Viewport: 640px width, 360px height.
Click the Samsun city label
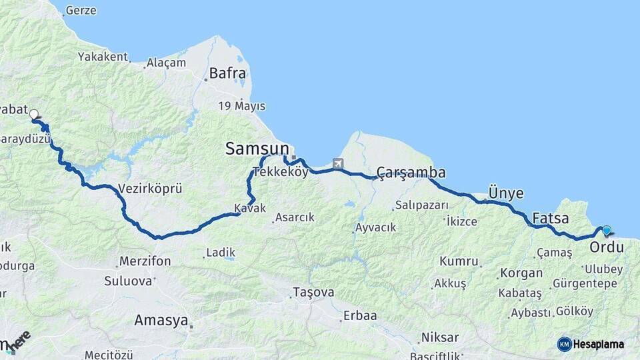click(257, 149)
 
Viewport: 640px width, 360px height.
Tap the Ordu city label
click(607, 247)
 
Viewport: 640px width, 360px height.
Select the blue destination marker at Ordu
click(606, 231)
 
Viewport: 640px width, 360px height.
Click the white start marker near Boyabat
click(33, 115)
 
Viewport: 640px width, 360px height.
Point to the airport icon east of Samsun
click(338, 163)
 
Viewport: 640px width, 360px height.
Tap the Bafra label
click(227, 73)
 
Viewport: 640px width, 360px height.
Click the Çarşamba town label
click(411, 173)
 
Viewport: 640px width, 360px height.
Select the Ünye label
click(506, 193)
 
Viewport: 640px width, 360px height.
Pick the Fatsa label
click(551, 218)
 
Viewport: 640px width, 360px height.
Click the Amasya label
click(161, 320)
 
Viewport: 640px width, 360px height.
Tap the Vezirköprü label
click(149, 189)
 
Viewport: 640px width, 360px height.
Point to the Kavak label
click(250, 209)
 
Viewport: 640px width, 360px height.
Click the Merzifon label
click(145, 261)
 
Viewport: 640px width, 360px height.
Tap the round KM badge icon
click(565, 344)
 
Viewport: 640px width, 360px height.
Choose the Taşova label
click(313, 292)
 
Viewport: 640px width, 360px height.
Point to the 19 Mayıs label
click(241, 106)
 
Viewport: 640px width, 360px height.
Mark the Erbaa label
click(360, 315)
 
